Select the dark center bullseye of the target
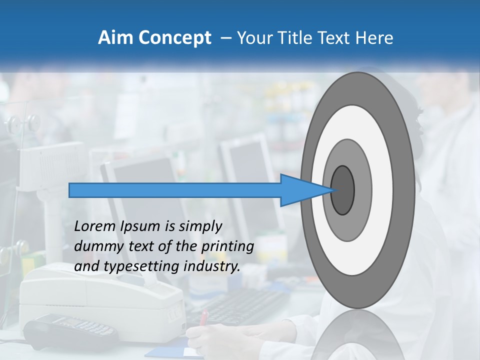342,190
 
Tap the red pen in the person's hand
204,317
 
